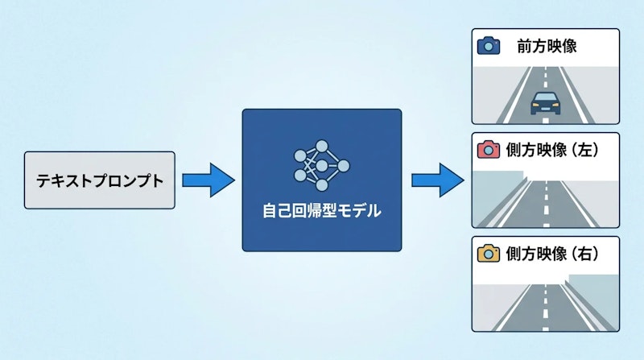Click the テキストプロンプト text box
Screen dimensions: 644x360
(x=99, y=180)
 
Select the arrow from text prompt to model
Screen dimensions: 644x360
(x=208, y=180)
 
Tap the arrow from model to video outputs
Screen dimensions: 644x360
(x=438, y=180)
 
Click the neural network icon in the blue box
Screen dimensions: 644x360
(x=321, y=166)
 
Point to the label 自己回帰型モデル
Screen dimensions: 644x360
(x=321, y=211)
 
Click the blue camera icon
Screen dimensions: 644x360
(x=489, y=46)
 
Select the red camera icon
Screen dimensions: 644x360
(x=489, y=150)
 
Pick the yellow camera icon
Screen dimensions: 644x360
(x=489, y=253)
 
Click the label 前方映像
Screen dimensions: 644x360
(x=547, y=46)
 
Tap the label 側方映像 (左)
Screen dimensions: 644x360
(x=552, y=150)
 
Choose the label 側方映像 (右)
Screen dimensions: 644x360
(x=552, y=254)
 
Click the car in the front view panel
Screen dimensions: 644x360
(x=545, y=103)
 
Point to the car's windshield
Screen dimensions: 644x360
(x=545, y=97)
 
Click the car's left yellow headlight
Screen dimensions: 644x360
(x=535, y=106)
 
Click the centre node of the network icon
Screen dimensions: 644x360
(x=322, y=166)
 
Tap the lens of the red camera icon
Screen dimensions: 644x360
(x=489, y=151)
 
